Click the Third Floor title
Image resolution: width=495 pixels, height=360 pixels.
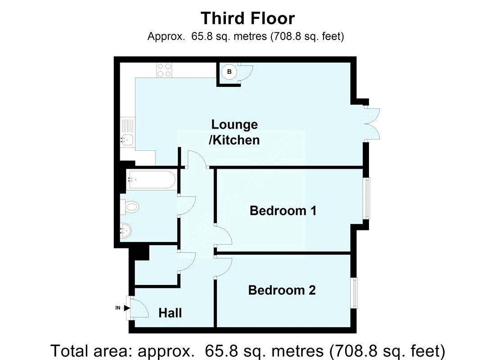point(247,18)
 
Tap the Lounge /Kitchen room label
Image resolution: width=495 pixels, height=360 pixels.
point(234,132)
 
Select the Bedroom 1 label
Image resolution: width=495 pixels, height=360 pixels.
point(283,210)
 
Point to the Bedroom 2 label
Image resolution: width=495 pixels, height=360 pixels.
point(282,290)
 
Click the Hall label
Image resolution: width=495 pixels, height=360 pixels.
point(170,312)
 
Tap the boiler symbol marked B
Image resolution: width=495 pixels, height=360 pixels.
point(229,72)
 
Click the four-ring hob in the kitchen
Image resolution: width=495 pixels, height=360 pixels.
point(164,70)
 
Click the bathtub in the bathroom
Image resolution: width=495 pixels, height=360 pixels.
point(151,180)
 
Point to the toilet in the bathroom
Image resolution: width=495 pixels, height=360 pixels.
point(130,207)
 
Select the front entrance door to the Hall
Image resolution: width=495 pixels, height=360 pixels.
point(138,308)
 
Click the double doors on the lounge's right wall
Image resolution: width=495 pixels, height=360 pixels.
point(373,124)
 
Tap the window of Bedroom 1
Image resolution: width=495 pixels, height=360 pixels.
point(368,198)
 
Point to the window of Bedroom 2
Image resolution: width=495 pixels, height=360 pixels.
point(355,293)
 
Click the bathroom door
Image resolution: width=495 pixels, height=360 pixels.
point(186,205)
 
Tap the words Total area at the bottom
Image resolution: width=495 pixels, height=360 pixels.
point(87,350)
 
